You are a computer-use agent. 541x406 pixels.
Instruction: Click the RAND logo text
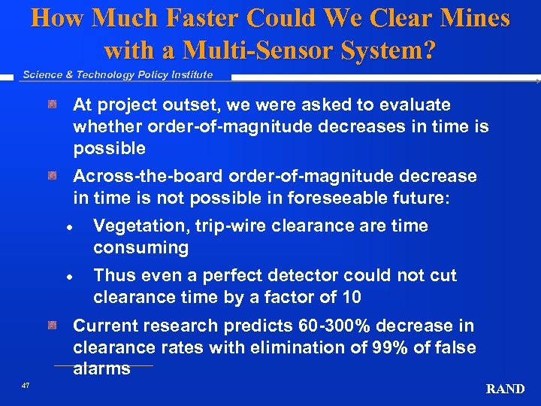click(505, 389)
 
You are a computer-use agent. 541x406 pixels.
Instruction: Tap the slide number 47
click(26, 385)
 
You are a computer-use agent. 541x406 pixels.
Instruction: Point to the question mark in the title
click(428, 50)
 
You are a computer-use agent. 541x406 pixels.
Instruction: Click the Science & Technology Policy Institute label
click(117, 74)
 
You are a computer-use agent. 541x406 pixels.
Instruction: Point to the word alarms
click(101, 368)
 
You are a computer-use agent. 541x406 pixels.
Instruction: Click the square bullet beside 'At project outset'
click(52, 104)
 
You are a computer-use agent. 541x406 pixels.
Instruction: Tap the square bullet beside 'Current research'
click(52, 325)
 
